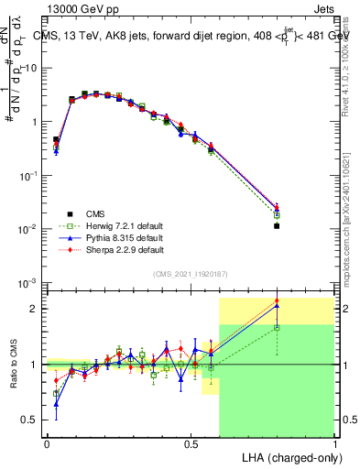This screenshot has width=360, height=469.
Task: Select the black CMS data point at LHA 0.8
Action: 277,225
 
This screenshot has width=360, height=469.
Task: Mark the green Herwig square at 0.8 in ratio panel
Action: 277,327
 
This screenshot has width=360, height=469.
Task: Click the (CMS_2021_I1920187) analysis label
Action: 191,274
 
